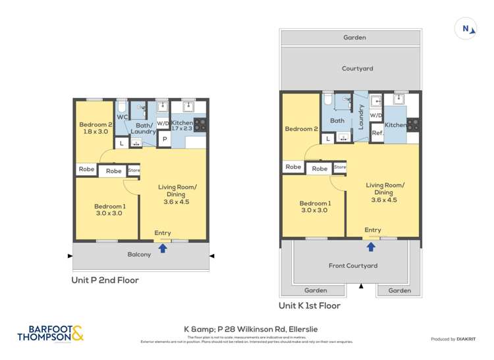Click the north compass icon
(x=466, y=28)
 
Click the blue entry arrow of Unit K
(x=371, y=247)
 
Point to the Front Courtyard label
(x=352, y=266)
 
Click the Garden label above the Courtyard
(x=354, y=38)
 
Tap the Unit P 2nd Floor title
(x=105, y=280)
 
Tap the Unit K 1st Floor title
(x=310, y=306)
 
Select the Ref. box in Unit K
(x=377, y=133)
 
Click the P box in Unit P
(x=164, y=140)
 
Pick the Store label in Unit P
(x=134, y=170)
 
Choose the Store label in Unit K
(x=340, y=167)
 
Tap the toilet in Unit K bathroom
(x=327, y=100)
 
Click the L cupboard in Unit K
(x=328, y=138)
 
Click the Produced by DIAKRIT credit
(x=452, y=339)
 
